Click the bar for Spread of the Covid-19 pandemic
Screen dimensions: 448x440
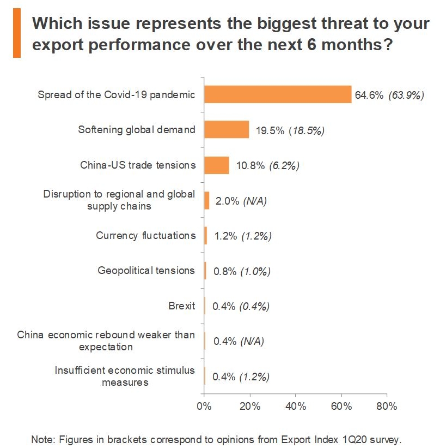pyautogui.click(x=278, y=94)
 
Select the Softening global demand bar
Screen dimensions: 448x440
pyautogui.click(x=227, y=130)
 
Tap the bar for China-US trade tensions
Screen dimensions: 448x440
pyautogui.click(x=216, y=165)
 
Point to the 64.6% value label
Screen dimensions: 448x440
pyautogui.click(x=369, y=95)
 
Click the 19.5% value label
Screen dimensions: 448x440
pyautogui.click(x=268, y=130)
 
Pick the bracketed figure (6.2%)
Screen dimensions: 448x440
pyautogui.click(x=284, y=165)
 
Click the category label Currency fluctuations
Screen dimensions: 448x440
pyautogui.click(x=145, y=236)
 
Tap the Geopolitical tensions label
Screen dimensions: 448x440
pyautogui.click(x=146, y=271)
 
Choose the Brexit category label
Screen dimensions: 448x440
pyautogui.click(x=182, y=306)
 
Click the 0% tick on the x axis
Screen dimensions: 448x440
pyautogui.click(x=204, y=406)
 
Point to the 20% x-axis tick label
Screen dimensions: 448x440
pyautogui.click(x=250, y=406)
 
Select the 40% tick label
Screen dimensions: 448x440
pyautogui.click(x=296, y=406)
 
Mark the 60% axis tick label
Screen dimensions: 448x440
pyautogui.click(x=341, y=406)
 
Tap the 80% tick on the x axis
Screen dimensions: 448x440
pyautogui.click(x=387, y=406)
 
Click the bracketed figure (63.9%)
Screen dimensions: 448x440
pyautogui.click(x=406, y=95)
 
